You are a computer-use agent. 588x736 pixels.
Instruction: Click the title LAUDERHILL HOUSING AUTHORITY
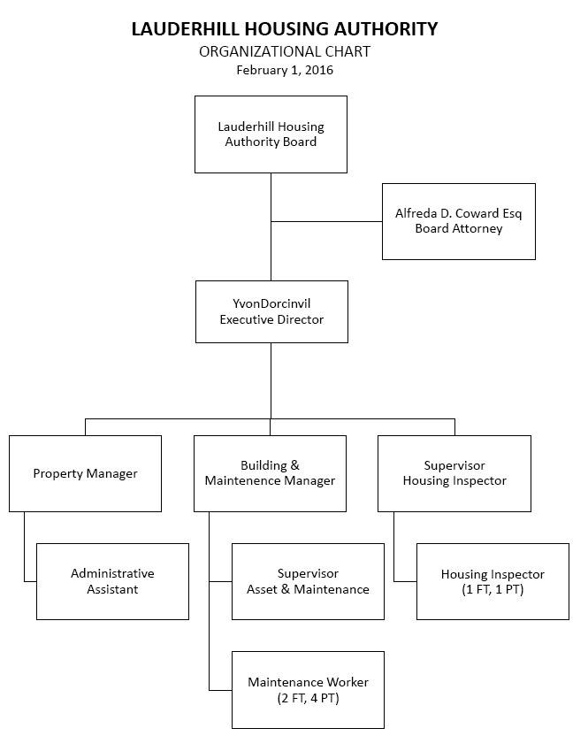point(284,29)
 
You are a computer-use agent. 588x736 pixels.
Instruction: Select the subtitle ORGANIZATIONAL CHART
point(284,51)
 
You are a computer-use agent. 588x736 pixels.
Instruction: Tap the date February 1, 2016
point(284,70)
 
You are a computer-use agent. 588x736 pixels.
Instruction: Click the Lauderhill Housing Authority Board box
point(271,134)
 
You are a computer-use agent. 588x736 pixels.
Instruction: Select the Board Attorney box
point(458,221)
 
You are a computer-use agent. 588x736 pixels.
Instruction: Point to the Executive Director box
point(271,311)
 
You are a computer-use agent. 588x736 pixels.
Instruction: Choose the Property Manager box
point(85,473)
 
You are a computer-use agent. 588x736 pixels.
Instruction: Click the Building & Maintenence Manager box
point(270,473)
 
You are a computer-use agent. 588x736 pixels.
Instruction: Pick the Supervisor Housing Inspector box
point(454,473)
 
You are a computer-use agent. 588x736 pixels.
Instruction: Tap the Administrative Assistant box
point(112,581)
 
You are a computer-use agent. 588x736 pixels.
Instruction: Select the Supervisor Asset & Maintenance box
point(308,581)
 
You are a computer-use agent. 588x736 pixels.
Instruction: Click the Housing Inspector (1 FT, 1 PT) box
point(493,581)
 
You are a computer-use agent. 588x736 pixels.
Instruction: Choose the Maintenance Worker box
point(308,689)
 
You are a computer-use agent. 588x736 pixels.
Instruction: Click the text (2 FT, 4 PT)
point(308,698)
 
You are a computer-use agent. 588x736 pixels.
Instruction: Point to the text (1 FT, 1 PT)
point(493,590)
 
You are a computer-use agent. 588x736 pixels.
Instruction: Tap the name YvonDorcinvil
point(271,303)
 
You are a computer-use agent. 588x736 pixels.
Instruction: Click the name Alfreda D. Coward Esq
point(458,213)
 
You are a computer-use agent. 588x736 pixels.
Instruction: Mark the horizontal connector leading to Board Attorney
point(326,221)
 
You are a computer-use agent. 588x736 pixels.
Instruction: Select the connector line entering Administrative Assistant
point(30,581)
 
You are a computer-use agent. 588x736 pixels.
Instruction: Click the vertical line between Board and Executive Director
point(271,248)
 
